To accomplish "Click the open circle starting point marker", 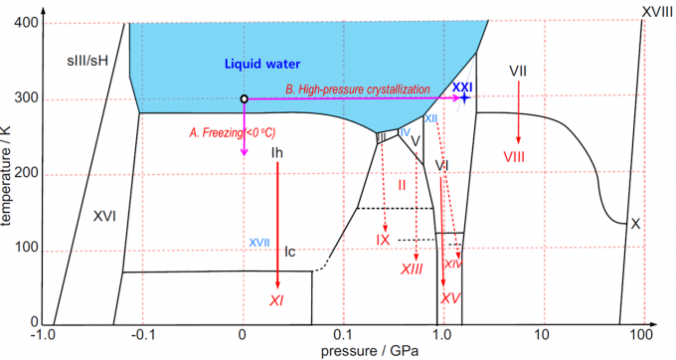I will (244, 98).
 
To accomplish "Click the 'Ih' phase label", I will (277, 153).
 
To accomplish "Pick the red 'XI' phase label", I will (277, 300).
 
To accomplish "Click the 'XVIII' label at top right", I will (655, 10).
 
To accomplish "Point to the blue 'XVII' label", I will (260, 242).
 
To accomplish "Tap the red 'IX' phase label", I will (383, 241).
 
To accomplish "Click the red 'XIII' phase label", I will (413, 270).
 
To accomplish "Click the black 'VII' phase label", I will (517, 73).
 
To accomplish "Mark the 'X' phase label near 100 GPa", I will (635, 224).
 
